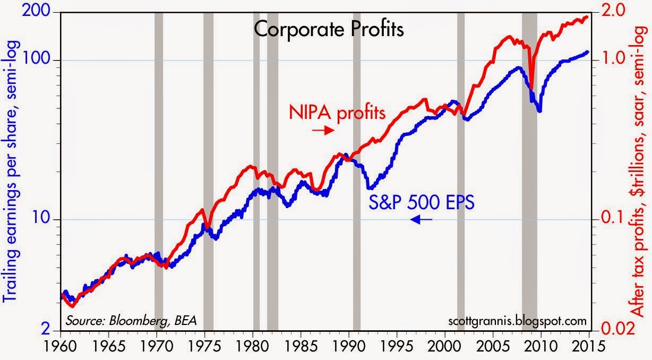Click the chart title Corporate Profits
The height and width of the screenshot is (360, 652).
(x=329, y=30)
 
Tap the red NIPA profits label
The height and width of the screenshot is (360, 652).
(x=337, y=113)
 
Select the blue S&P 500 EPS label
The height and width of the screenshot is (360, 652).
(x=422, y=202)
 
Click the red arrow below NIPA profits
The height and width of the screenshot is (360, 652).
(x=323, y=130)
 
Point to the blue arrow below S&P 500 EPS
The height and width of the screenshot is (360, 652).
(x=421, y=219)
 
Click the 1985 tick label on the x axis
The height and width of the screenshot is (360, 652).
(x=301, y=346)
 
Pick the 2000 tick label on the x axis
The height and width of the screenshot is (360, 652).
(x=445, y=346)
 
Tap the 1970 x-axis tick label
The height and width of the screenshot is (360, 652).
(x=157, y=346)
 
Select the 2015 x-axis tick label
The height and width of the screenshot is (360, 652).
(x=588, y=346)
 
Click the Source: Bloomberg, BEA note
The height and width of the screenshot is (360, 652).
(x=131, y=321)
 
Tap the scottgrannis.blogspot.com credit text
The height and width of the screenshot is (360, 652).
(x=518, y=321)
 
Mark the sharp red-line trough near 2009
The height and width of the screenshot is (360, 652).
(x=531, y=88)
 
